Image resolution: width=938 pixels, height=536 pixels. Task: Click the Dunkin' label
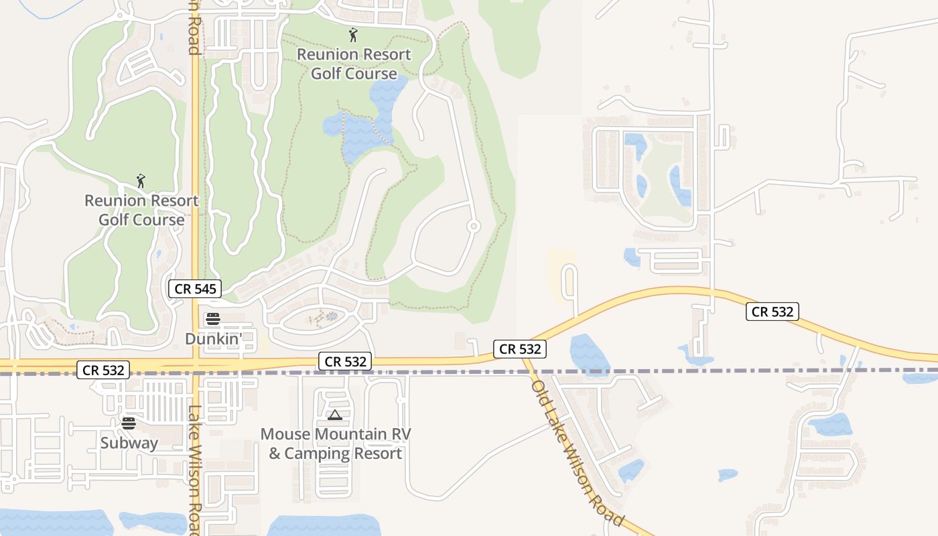213,339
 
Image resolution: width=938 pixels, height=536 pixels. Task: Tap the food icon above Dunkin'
213,319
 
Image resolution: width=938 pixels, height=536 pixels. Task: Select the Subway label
129,443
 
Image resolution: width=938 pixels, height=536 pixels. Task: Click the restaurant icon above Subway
129,423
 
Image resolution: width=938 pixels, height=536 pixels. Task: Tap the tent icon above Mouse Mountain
335,415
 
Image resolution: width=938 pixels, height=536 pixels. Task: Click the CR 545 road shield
194,289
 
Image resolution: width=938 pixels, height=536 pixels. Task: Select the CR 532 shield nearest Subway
102,370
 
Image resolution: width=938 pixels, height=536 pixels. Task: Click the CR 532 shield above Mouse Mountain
345,362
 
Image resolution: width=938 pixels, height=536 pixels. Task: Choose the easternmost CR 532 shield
773,312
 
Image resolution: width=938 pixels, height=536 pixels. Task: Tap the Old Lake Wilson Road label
578,453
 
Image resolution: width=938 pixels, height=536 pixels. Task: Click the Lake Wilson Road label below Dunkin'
194,469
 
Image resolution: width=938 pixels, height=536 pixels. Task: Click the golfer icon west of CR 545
141,181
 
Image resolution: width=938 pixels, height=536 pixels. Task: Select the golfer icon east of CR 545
353,34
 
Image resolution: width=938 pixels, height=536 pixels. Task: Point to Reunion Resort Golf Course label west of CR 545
141,210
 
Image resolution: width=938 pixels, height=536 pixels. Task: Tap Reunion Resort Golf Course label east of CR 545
354,64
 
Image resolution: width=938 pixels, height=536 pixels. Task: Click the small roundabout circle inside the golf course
474,226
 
